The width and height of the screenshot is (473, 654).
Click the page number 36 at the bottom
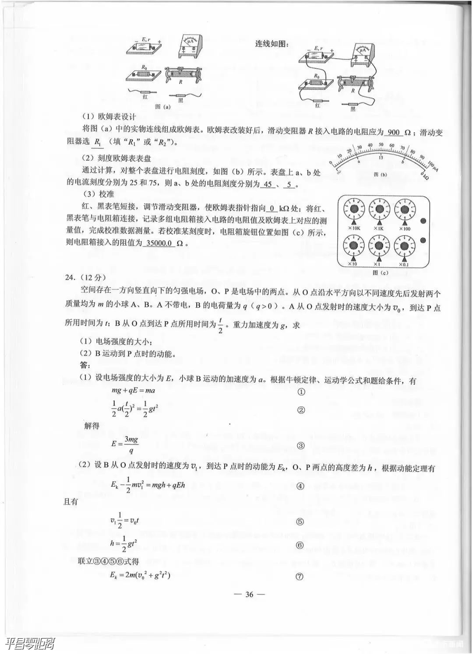click(x=249, y=594)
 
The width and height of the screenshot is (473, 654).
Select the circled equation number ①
click(x=301, y=391)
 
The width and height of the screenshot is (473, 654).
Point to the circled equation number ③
click(x=301, y=446)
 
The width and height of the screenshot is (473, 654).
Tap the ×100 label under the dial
click(x=405, y=229)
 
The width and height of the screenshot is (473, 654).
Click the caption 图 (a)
click(x=162, y=106)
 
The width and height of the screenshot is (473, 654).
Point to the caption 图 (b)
click(x=380, y=174)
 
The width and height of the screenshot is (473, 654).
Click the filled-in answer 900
click(x=394, y=133)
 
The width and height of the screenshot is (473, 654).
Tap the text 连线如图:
click(x=272, y=44)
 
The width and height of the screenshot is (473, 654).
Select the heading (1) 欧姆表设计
click(x=109, y=117)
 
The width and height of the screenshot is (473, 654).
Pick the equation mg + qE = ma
click(x=133, y=390)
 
